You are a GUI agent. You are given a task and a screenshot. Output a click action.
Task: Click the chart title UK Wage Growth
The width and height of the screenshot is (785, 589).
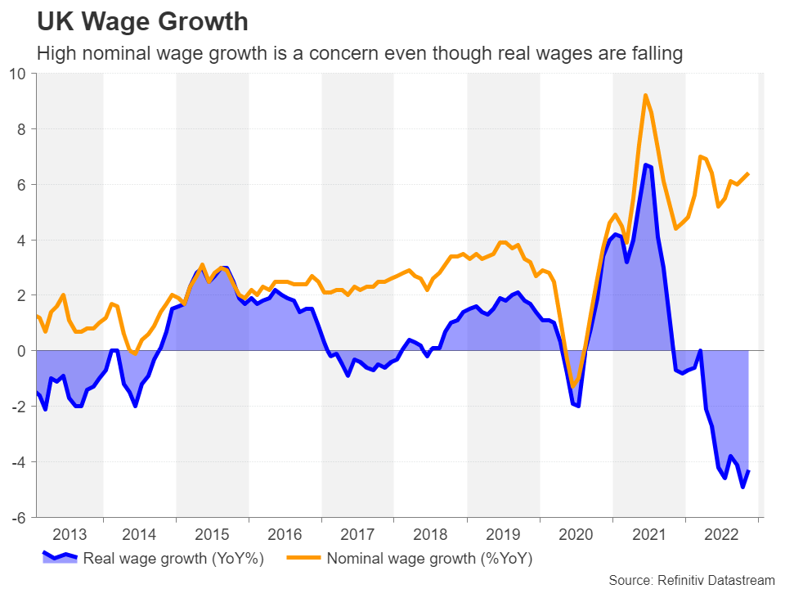point(142,21)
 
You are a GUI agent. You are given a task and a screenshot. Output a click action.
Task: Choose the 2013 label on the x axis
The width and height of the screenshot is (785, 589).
point(70,535)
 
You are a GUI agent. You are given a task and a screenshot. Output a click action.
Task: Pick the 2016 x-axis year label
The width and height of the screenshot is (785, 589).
point(285,535)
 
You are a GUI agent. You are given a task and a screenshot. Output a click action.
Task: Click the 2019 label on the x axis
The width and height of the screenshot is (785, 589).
point(503,535)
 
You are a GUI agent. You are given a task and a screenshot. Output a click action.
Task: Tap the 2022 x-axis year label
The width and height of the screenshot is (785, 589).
point(721,535)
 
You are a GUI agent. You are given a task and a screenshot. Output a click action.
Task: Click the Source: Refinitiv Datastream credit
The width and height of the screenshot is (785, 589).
point(692,580)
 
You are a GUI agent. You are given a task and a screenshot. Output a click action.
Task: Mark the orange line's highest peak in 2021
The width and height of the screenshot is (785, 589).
point(646,95)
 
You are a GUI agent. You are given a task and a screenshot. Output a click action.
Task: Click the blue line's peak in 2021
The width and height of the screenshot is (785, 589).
point(646,165)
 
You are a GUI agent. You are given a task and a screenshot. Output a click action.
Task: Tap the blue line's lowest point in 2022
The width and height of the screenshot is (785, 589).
point(742,488)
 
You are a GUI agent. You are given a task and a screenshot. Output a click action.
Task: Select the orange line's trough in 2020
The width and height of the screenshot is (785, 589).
point(575,386)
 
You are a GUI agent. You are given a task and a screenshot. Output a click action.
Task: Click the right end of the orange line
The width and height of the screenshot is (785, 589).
point(749,173)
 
